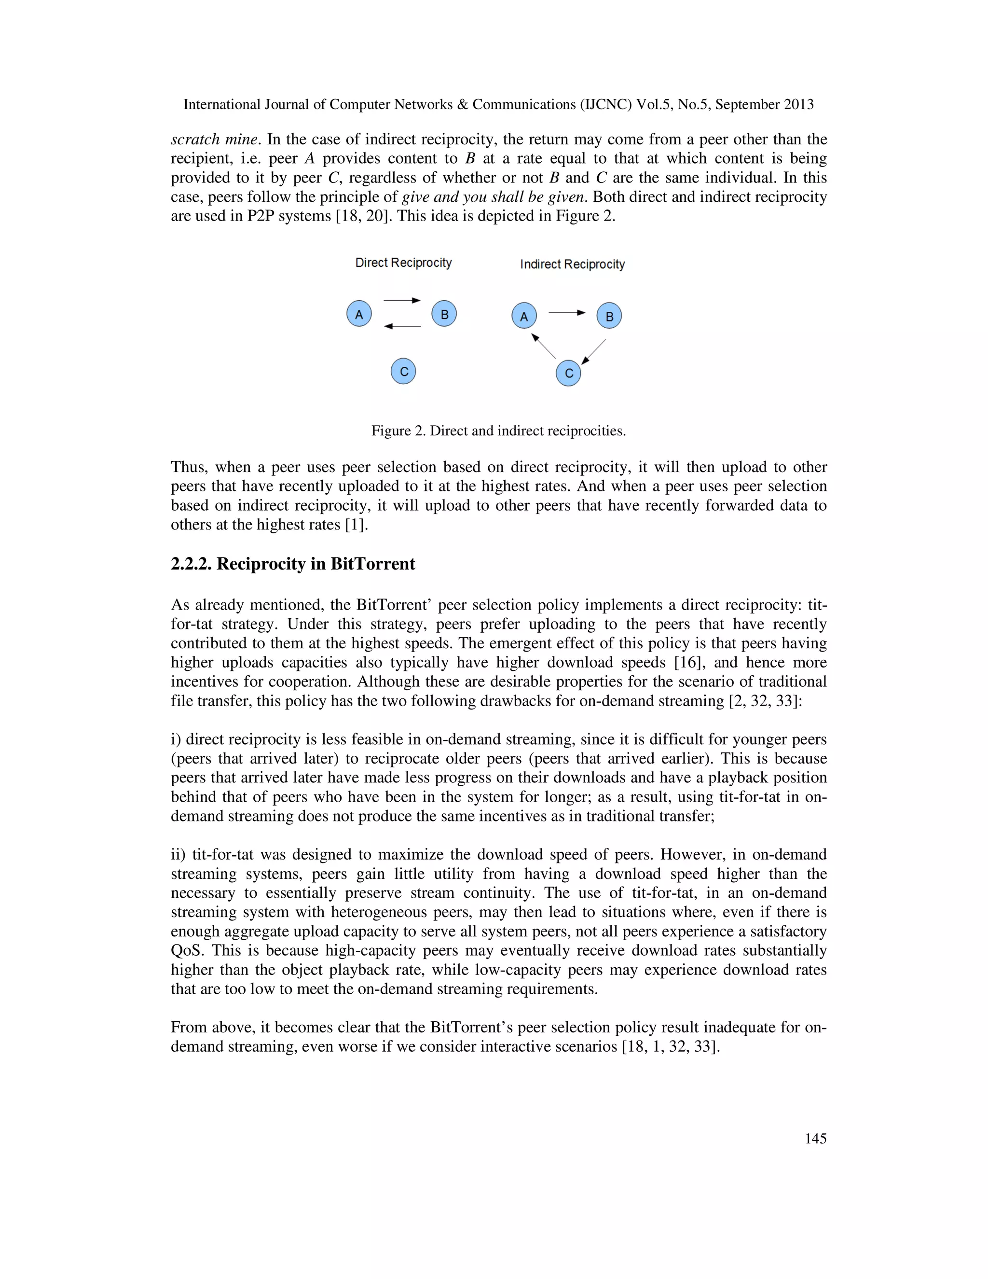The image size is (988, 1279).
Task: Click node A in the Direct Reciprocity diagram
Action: coord(359,313)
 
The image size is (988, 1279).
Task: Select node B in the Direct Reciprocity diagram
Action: coord(444,313)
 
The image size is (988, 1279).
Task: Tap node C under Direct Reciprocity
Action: coord(403,371)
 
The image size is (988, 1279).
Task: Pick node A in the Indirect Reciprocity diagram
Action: coord(524,316)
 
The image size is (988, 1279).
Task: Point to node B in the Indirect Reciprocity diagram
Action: coord(609,316)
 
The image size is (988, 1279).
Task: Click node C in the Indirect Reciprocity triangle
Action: coord(568,373)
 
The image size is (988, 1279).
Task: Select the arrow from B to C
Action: coord(593,352)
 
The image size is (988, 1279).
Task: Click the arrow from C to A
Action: coord(544,346)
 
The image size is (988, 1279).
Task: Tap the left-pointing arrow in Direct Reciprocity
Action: coord(402,326)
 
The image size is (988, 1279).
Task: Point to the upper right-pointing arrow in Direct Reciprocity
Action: coord(402,300)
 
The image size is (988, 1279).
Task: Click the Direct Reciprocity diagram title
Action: coord(403,263)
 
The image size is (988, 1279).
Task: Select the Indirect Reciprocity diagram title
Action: coord(573,264)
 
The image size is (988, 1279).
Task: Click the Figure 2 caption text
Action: coord(498,431)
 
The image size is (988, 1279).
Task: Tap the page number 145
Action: coord(815,1138)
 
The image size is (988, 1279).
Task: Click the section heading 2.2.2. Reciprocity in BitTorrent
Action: coord(293,563)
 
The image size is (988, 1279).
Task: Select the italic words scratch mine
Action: coord(214,139)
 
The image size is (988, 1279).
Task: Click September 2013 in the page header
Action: coord(765,104)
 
